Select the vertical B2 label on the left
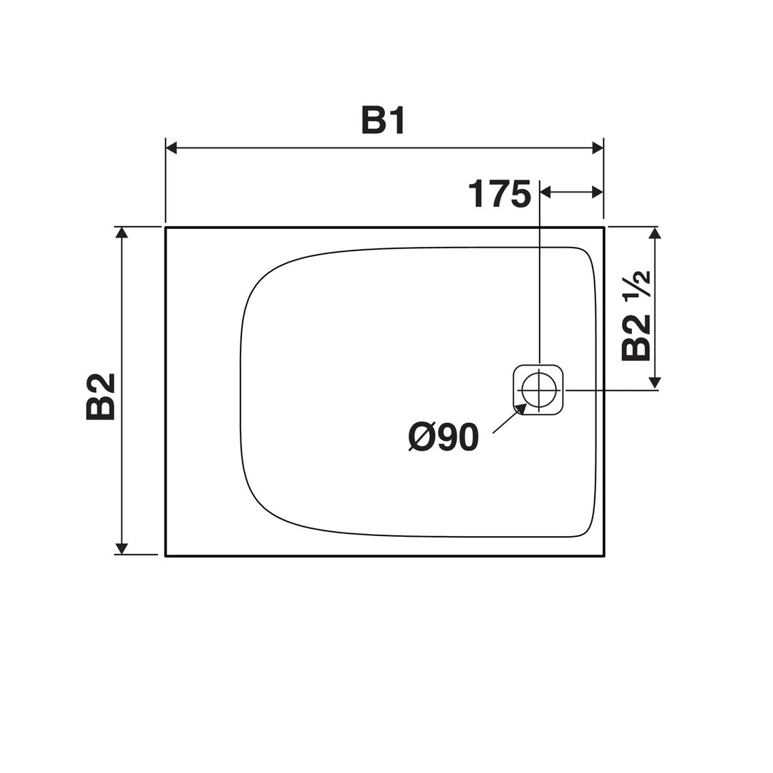101,397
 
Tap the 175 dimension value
500,194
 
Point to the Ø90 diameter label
444,437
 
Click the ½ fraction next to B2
638,285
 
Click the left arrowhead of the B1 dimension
171,147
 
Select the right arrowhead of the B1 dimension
598,147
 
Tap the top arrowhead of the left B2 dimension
121,233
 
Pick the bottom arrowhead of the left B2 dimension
121,549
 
